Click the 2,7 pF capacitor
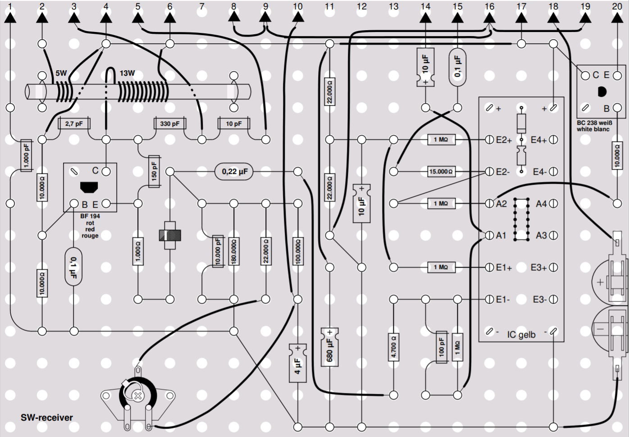coord(74,123)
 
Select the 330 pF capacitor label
coord(170,123)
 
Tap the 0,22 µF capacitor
coord(234,171)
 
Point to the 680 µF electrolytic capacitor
coord(330,347)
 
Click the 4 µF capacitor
coord(298,363)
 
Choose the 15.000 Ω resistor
coord(442,171)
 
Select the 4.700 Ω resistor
coord(394,347)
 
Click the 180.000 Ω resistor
coord(234,251)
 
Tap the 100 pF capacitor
coord(442,347)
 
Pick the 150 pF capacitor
coord(154,171)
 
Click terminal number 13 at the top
coord(394,6)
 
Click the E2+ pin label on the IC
coord(504,140)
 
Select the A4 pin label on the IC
coord(541,203)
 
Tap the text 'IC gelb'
coord(521,335)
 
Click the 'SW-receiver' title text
coord(46,418)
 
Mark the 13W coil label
coord(127,73)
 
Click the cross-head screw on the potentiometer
coord(137,396)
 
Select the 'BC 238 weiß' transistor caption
coord(594,123)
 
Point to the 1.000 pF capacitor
coord(26,155)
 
